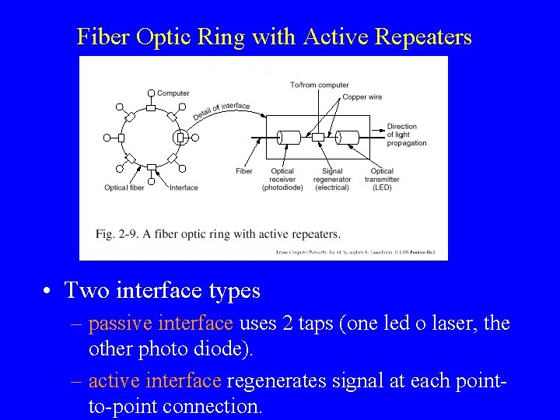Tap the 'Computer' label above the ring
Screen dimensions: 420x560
pos(173,93)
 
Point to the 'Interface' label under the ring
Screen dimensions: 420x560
pos(184,187)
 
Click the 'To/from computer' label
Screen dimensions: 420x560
pos(319,85)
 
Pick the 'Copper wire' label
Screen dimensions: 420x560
pos(363,97)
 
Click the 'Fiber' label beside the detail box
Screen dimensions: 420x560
pos(243,171)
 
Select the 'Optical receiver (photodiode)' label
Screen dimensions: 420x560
pos(282,179)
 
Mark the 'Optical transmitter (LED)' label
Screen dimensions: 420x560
pos(382,179)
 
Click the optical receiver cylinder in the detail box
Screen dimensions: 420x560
pos(289,138)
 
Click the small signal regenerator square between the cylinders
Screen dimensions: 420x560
pos(317,138)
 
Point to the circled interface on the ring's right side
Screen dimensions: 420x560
pos(180,138)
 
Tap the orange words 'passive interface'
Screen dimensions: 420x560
pos(160,323)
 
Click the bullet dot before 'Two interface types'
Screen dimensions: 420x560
pos(48,292)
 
